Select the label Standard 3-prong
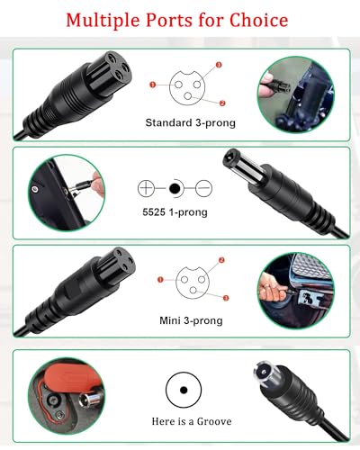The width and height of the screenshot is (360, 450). point(184,123)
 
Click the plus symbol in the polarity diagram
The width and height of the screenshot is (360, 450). point(147,189)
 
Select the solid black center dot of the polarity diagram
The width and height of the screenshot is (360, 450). point(175,189)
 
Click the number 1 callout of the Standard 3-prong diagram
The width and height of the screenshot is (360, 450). point(153,84)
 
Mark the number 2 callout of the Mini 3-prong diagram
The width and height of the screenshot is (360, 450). point(222,261)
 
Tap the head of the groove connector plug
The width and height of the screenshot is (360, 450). point(266,383)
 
